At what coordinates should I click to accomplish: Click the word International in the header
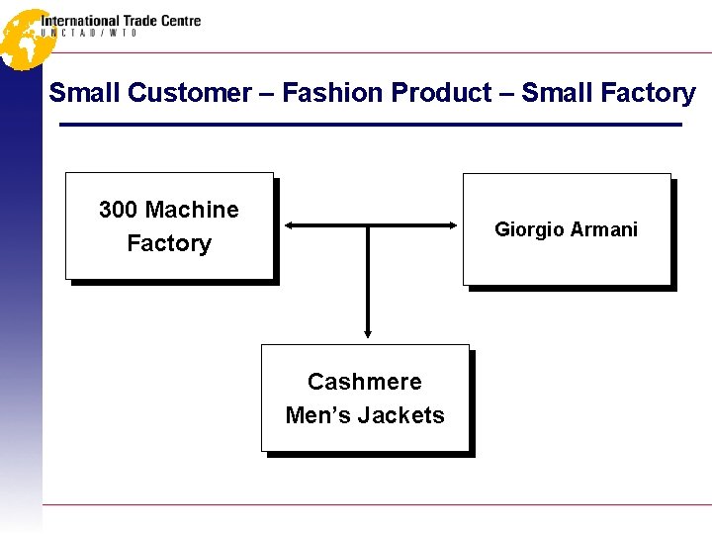79,20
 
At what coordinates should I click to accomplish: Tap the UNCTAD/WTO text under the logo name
89,33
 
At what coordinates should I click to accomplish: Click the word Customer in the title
190,93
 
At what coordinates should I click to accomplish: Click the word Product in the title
441,93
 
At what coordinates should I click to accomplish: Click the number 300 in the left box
118,210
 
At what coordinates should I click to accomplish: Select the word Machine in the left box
191,210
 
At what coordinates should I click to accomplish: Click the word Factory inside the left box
169,243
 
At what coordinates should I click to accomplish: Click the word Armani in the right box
602,229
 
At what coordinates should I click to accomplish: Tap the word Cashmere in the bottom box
364,382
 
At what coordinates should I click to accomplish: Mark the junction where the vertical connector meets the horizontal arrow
368,225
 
